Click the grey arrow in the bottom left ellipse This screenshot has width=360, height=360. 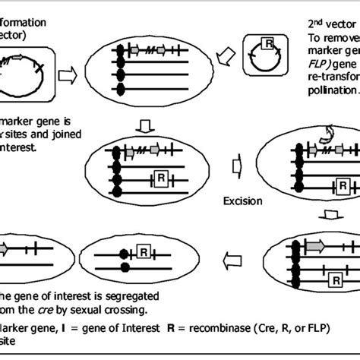pyautogui.click(x=7, y=248)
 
